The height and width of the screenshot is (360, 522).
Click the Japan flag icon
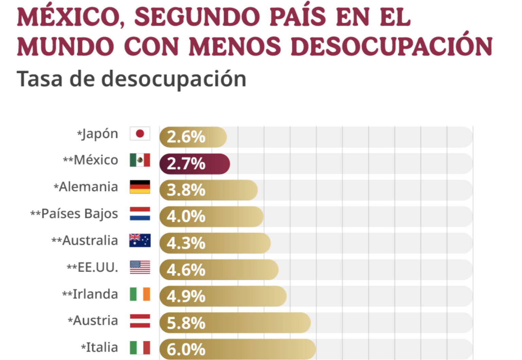click(140, 134)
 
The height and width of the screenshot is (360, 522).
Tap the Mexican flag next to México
click(140, 160)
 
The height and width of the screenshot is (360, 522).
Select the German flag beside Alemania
click(140, 187)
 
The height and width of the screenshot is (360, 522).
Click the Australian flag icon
click(140, 240)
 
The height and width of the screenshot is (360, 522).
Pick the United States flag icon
click(140, 267)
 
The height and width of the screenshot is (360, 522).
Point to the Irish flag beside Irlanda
click(140, 294)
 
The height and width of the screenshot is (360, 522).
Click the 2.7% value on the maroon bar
click(186, 164)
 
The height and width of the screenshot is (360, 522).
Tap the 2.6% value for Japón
click(186, 137)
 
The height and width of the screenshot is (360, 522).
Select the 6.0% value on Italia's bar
click(186, 349)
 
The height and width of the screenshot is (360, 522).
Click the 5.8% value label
click(186, 323)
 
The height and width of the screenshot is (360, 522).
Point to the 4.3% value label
click(186, 243)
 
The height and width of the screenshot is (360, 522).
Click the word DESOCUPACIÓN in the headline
click(391, 46)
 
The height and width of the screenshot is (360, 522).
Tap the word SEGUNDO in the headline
click(197, 17)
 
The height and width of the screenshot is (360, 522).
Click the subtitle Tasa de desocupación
click(131, 79)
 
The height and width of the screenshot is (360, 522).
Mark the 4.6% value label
click(186, 270)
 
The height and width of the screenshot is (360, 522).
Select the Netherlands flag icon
click(140, 214)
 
